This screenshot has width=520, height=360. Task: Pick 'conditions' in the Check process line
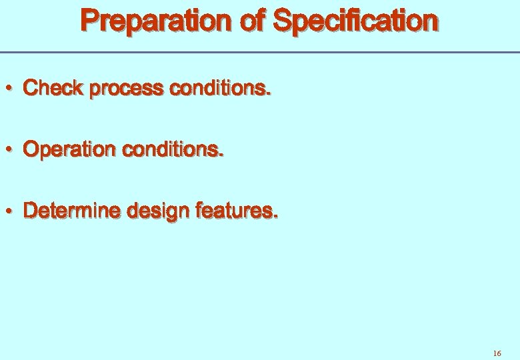220,88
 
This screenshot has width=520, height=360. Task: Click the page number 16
497,353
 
